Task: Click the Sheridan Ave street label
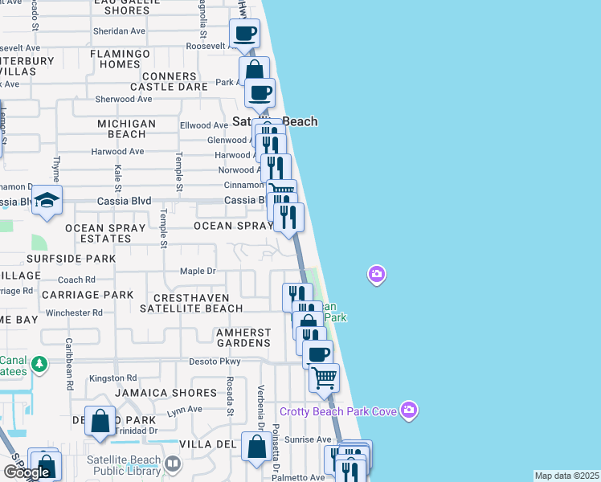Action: [x=119, y=31]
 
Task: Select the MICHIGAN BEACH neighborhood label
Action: [x=126, y=129]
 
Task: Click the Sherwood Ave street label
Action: [x=123, y=99]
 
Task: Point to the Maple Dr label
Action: [x=198, y=271]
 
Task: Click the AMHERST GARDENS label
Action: [x=232, y=337]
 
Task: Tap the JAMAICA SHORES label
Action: [x=166, y=393]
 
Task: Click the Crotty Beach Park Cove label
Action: [x=338, y=411]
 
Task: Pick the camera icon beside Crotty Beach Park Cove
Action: [x=409, y=411]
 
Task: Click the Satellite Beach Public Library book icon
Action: [x=173, y=464]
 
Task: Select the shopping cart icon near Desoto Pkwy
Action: [x=324, y=376]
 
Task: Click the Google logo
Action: [x=26, y=472]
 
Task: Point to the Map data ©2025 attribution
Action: [x=566, y=476]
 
